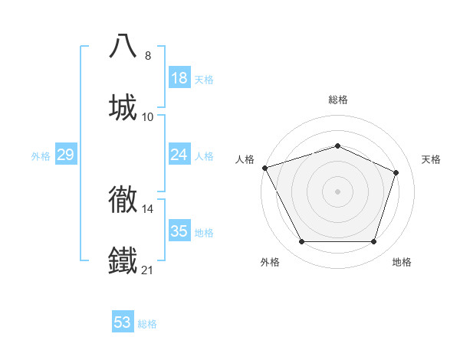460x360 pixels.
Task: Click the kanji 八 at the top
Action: [x=123, y=45]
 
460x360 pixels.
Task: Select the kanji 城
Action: [x=123, y=106]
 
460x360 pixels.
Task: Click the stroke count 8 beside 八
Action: [x=148, y=56]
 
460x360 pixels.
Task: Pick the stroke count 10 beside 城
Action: [x=148, y=117]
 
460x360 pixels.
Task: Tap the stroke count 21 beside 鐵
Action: [x=148, y=270]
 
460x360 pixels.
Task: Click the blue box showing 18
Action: [x=179, y=78]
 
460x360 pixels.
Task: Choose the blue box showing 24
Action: [x=179, y=155]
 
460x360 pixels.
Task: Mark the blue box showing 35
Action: [x=179, y=231]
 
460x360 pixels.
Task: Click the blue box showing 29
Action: [x=65, y=155]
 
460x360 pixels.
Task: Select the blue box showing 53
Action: [x=123, y=322]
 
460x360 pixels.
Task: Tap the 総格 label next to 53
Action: [x=148, y=324]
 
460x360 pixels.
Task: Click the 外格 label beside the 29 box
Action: [x=41, y=156]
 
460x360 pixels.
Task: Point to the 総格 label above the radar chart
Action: [x=337, y=100]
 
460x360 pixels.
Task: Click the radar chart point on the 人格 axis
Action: [x=264, y=168]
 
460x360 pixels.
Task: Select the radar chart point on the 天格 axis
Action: [x=396, y=172]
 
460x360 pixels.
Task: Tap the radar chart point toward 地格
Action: [x=374, y=242]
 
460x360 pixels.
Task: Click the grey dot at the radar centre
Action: [x=337, y=191]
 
